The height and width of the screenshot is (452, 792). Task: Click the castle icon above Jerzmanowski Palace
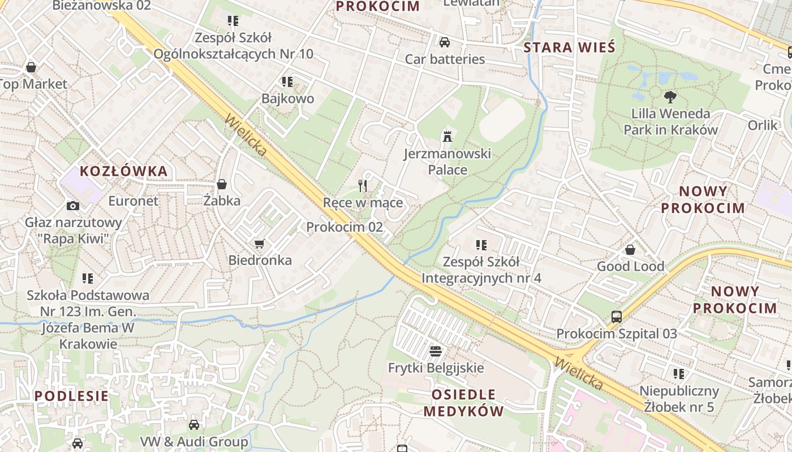(447, 136)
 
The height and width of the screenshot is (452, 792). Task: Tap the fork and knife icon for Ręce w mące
(363, 185)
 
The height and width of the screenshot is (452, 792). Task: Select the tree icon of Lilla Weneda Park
(670, 97)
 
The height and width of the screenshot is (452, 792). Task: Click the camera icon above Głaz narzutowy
(73, 206)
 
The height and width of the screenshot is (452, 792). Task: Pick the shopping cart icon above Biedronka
(260, 244)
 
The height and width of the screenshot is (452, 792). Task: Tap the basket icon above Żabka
(222, 184)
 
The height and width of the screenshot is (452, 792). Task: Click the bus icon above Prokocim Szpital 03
(617, 317)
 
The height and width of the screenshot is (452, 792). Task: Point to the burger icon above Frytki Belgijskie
(435, 351)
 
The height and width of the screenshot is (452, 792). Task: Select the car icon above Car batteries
(445, 42)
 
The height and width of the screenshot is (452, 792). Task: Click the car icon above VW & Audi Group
(194, 424)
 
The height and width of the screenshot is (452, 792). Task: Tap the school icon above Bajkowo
(287, 82)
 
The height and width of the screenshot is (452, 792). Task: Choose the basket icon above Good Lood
(630, 250)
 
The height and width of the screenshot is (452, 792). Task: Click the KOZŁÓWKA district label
(124, 171)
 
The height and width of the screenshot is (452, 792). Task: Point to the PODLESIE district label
(71, 395)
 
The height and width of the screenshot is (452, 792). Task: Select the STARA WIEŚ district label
(569, 47)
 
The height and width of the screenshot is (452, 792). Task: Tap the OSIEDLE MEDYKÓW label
(463, 402)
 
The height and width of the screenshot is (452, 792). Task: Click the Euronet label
(134, 201)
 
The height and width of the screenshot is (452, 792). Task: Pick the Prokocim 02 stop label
(345, 227)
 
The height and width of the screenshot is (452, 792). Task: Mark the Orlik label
(763, 125)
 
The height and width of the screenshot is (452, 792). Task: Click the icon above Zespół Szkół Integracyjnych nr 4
(481, 245)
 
